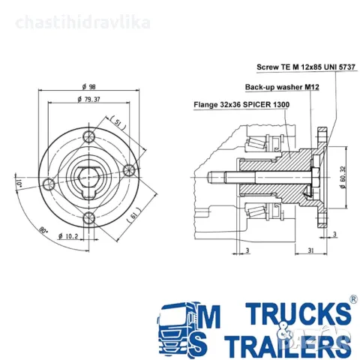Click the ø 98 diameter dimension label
89,87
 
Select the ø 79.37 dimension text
88,99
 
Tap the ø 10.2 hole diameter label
68,236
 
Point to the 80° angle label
43,230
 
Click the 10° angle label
19,184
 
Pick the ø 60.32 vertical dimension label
343,177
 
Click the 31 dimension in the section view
310,250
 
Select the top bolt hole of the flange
89,136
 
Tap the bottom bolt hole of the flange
89,218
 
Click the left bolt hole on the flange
49,184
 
